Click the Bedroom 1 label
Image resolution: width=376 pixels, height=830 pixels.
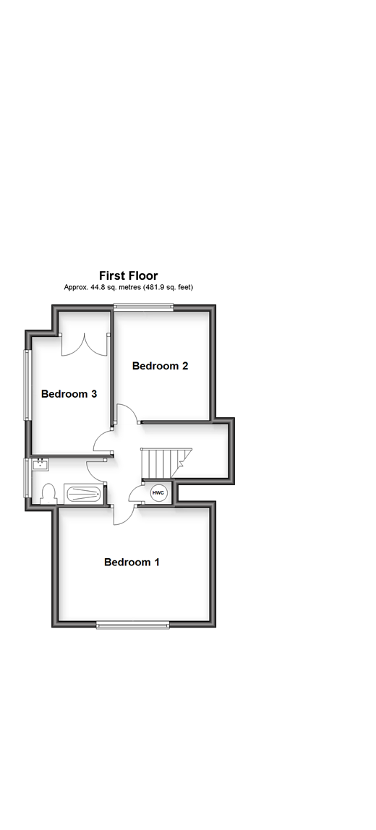click(x=132, y=562)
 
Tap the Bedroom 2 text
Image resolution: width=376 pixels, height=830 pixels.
click(x=160, y=366)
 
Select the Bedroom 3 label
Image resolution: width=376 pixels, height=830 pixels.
click(x=69, y=394)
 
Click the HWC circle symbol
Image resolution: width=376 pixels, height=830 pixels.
click(x=158, y=492)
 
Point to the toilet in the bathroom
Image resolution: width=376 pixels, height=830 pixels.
click(x=48, y=493)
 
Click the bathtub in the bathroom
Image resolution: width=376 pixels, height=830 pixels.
click(x=83, y=494)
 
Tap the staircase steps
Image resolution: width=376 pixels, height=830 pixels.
click(x=160, y=460)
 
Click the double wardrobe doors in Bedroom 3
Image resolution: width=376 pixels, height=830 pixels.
click(x=85, y=343)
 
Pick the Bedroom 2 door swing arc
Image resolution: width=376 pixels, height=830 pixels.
click(x=127, y=414)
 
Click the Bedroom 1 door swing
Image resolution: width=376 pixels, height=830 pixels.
click(x=124, y=513)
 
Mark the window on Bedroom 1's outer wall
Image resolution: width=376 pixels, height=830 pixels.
click(x=133, y=625)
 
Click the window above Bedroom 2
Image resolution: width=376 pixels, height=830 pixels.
click(x=144, y=307)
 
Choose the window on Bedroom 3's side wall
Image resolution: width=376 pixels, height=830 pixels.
click(x=28, y=385)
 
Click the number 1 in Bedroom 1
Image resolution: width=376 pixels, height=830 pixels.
click(x=156, y=562)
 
